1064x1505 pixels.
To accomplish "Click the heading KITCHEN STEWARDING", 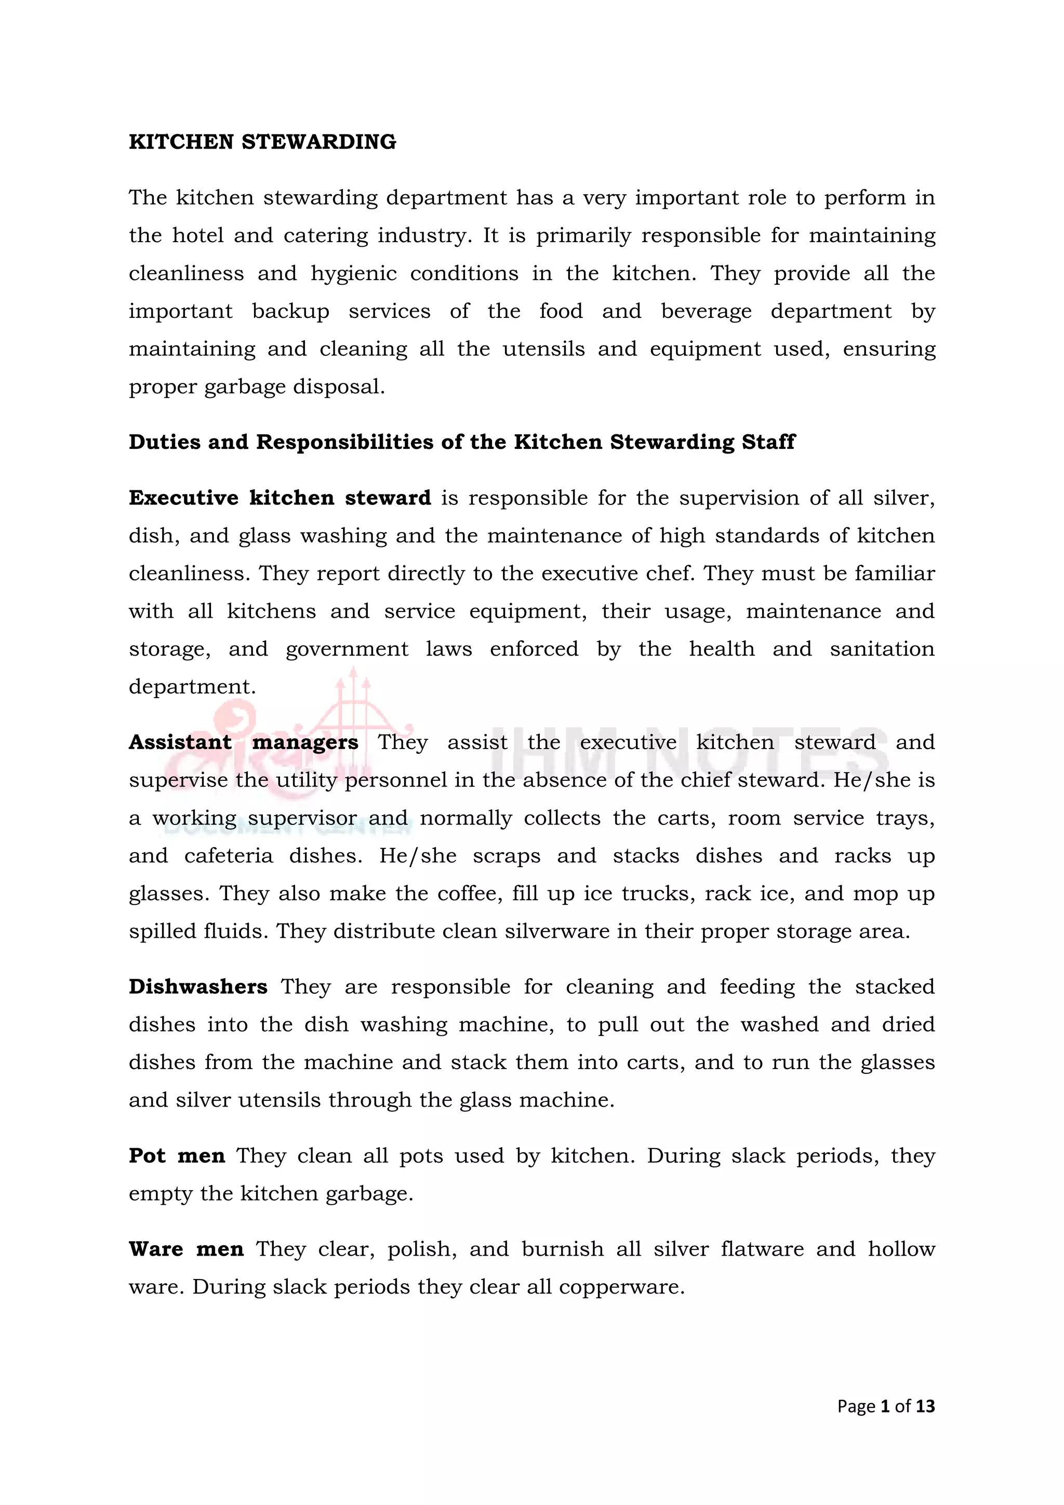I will [x=262, y=142].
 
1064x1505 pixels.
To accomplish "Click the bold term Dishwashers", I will [x=197, y=987].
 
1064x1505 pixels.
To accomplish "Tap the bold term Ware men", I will [x=185, y=1249].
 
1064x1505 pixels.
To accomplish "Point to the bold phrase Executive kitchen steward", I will [x=280, y=498].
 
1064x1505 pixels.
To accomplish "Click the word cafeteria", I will [x=228, y=856].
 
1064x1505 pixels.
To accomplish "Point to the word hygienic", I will [x=353, y=274].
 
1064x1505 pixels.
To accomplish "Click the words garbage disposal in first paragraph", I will [x=294, y=387].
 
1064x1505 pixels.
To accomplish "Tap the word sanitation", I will [x=882, y=649].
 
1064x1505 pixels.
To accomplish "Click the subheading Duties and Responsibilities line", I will [x=461, y=443].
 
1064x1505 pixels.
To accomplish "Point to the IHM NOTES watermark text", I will [x=688, y=754].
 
